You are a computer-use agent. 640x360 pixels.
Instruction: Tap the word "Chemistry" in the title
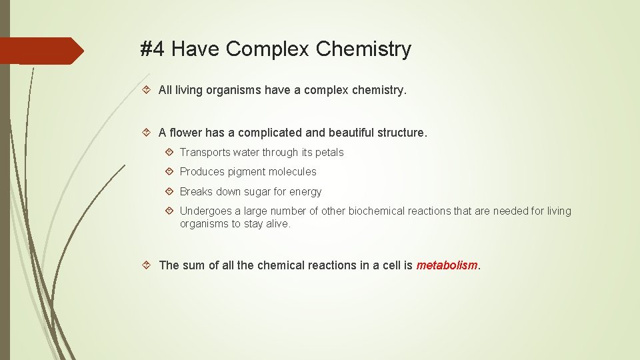[x=363, y=49]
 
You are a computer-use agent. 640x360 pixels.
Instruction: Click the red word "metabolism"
[x=447, y=265]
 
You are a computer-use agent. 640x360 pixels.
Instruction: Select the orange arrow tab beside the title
[x=41, y=51]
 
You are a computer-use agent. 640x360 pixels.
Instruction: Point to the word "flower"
[x=189, y=133]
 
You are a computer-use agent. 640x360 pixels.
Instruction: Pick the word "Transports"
[x=205, y=153]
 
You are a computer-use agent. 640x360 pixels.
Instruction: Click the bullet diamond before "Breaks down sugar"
[x=169, y=192]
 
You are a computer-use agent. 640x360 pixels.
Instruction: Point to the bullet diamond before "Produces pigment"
[x=169, y=172]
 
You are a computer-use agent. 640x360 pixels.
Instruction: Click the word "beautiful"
[x=351, y=133]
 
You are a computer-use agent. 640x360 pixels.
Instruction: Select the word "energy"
[x=305, y=192]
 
